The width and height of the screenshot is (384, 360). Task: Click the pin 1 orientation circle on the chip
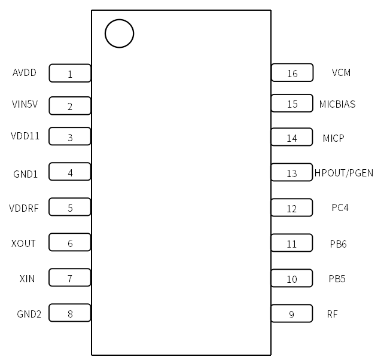click(x=119, y=33)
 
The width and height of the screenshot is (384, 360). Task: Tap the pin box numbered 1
click(x=70, y=74)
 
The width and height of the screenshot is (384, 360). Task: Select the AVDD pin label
click(x=25, y=73)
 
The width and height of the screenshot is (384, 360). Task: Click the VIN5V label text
click(x=25, y=105)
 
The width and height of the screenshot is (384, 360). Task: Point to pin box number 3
click(x=70, y=137)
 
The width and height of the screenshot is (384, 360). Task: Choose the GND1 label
click(x=26, y=174)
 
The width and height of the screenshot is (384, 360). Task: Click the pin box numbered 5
click(x=70, y=208)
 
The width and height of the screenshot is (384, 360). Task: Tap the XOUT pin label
click(x=23, y=243)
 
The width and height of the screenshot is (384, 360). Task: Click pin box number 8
click(x=70, y=313)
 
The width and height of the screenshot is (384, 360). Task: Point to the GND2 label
click(x=29, y=313)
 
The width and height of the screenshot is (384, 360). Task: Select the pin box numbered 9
click(x=292, y=314)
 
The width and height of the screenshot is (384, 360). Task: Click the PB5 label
click(x=337, y=279)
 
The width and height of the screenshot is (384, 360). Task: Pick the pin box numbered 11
click(x=292, y=243)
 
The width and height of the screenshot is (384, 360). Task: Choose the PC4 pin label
click(x=340, y=208)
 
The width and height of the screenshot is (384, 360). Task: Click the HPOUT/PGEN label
click(x=344, y=173)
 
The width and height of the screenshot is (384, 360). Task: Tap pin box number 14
click(x=292, y=138)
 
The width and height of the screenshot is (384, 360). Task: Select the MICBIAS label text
click(x=337, y=104)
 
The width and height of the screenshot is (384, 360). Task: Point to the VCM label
click(x=341, y=73)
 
